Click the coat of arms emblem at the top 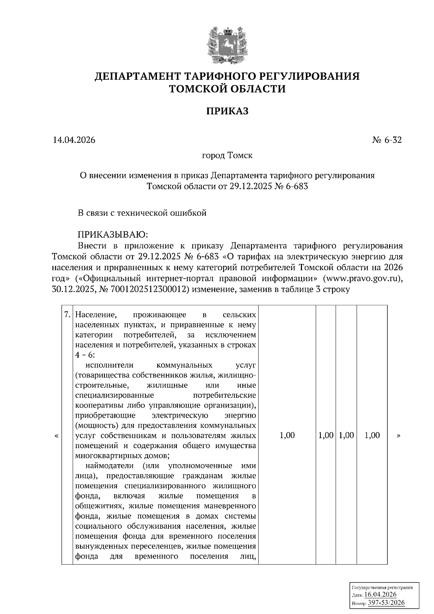tap(227, 44)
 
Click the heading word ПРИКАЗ tap(227, 111)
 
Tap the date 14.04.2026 tap(74, 140)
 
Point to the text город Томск tap(227, 156)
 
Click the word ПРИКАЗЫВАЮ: tap(113, 234)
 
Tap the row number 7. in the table tap(67, 315)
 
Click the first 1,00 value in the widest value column tap(287, 435)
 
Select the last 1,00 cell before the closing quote tap(372, 435)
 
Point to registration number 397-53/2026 tap(386, 603)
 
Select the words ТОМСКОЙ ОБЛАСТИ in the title tap(227, 89)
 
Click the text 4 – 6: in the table tap(85, 355)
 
